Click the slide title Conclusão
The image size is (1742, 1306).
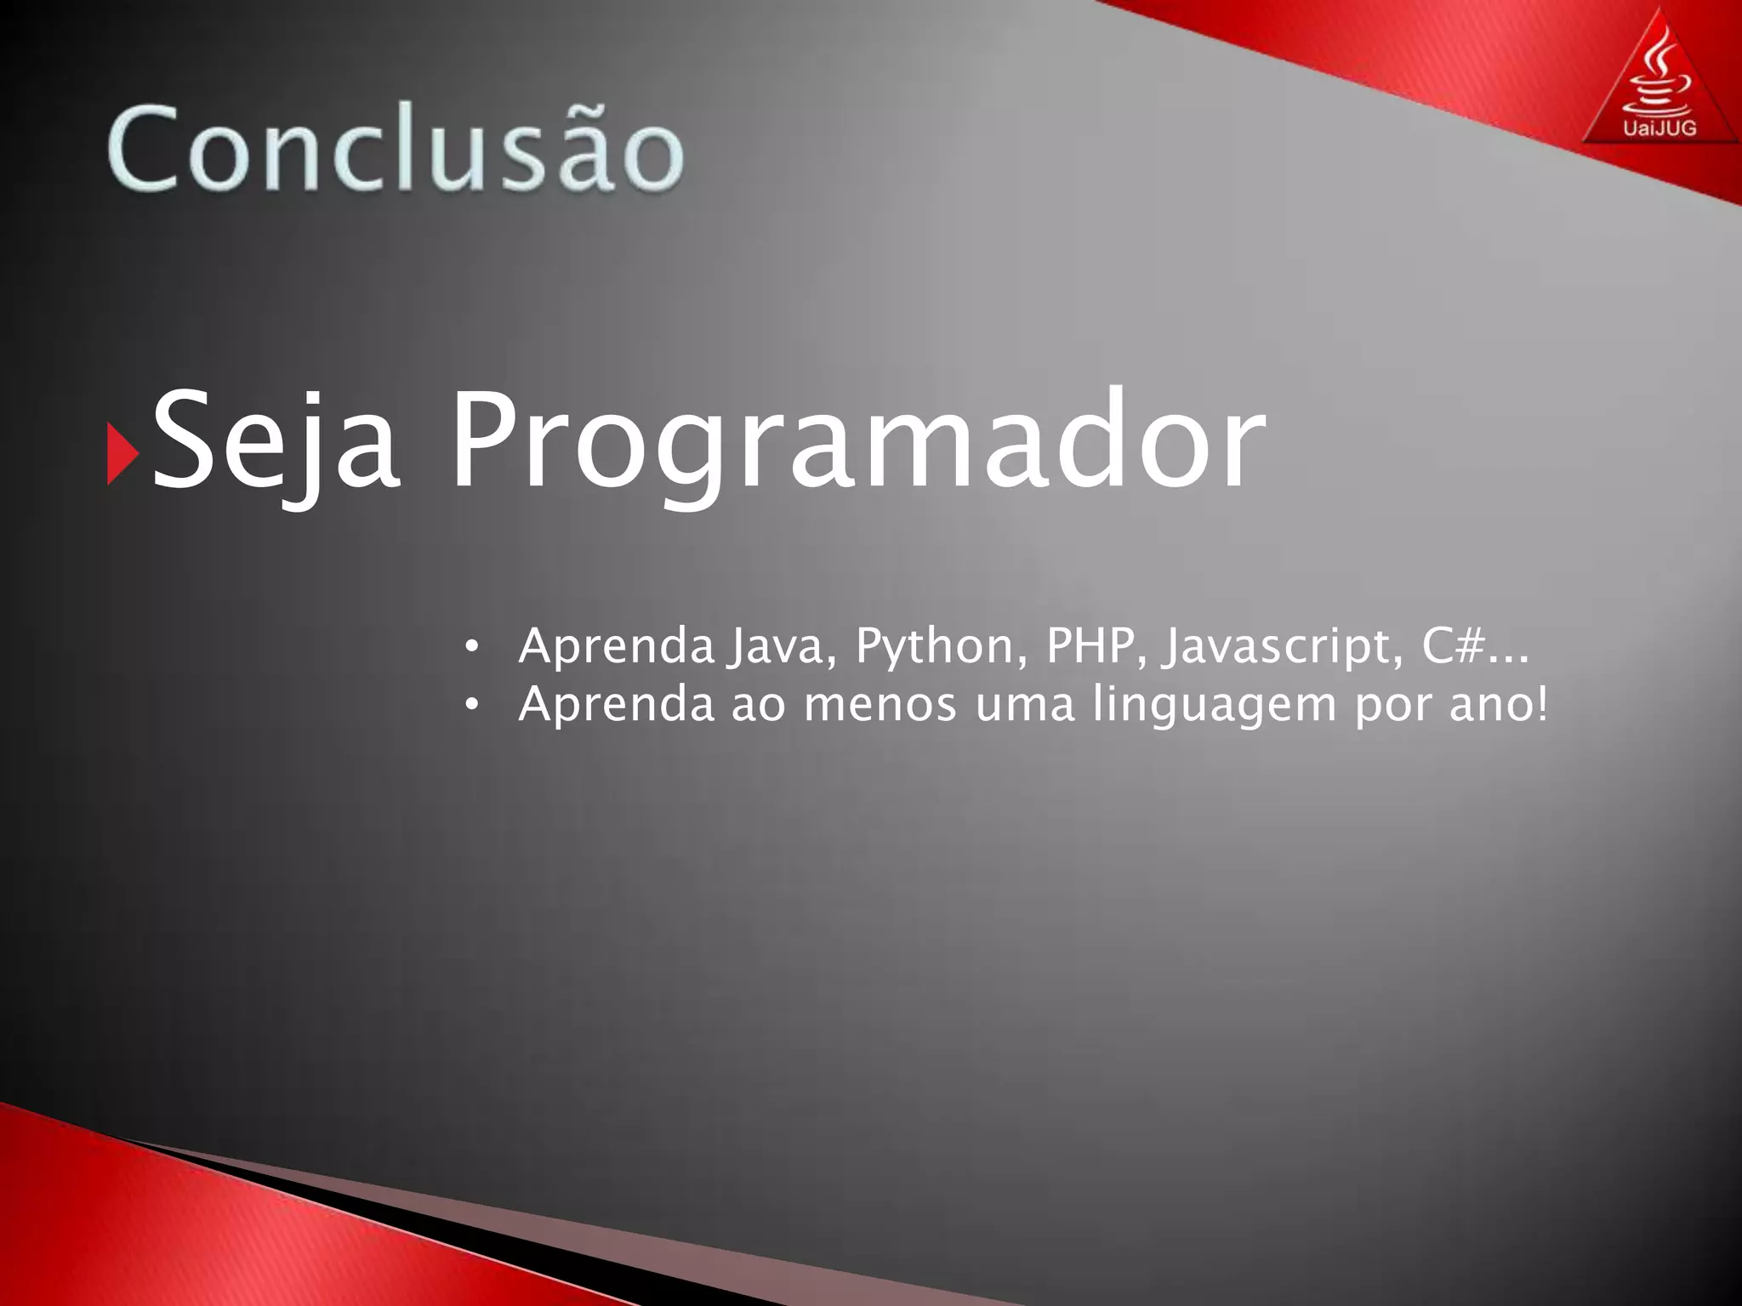pos(395,146)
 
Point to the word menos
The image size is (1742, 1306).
pos(880,706)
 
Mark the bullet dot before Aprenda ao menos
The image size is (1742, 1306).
pos(472,705)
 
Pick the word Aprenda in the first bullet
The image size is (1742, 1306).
pos(617,645)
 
